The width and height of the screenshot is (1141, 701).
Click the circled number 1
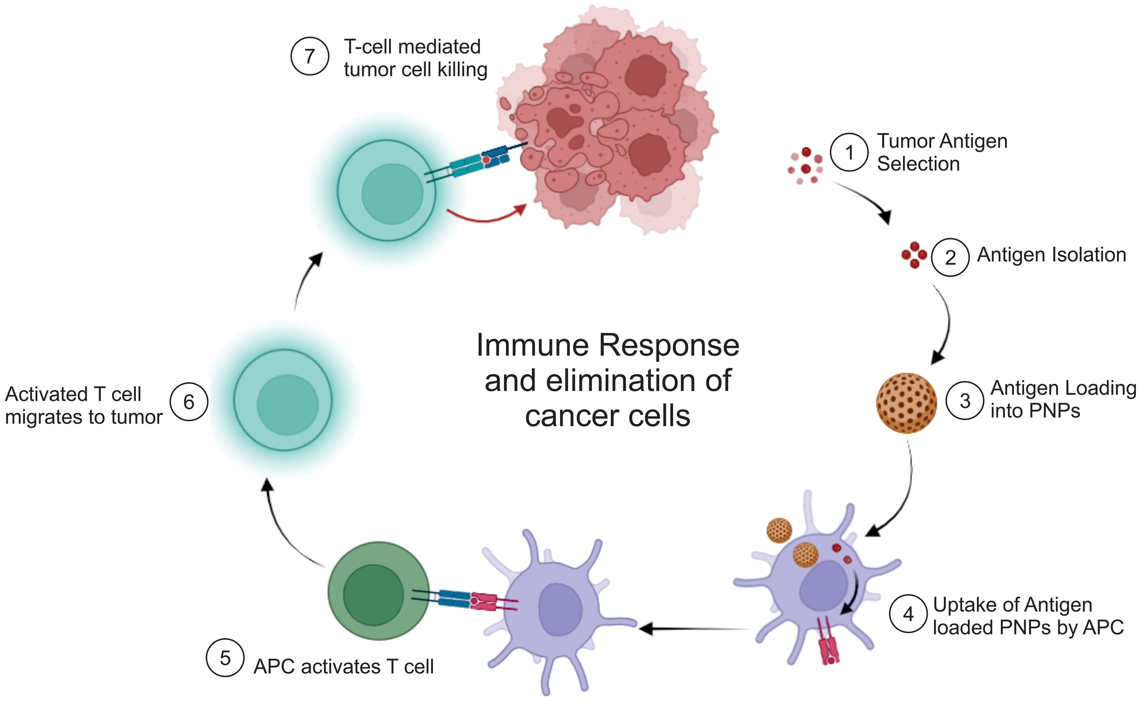point(849,152)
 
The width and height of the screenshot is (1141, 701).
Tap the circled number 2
point(950,257)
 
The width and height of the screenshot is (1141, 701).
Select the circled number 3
point(965,401)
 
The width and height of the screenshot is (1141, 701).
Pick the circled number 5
point(225,658)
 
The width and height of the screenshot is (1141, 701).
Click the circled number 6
point(189,402)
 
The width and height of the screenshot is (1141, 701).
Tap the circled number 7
point(310,56)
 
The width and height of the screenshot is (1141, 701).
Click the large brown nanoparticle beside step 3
point(906,403)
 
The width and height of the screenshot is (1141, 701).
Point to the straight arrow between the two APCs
point(695,629)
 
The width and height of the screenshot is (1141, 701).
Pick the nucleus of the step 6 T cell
point(287,405)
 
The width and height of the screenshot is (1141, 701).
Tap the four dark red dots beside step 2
point(914,254)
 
